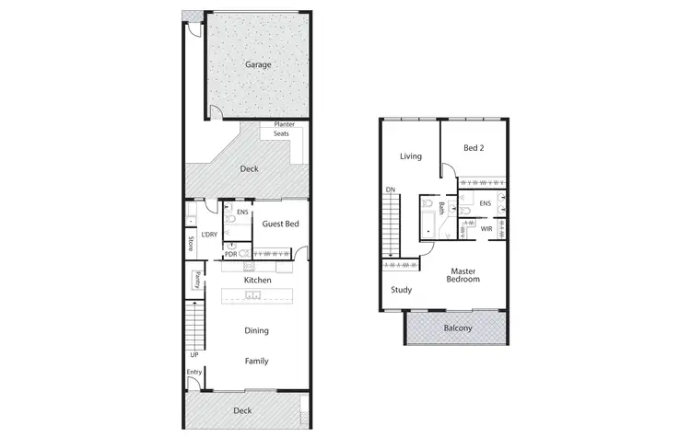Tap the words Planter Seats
(282, 130)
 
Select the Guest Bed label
(279, 224)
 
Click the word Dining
(257, 331)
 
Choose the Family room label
(256, 362)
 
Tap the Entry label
(193, 372)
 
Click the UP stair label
(193, 354)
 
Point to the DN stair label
(391, 190)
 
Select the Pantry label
(196, 281)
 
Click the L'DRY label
(208, 235)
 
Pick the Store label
(191, 244)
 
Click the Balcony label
(458, 328)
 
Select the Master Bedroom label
(463, 275)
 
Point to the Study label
(401, 290)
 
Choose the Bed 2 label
(474, 148)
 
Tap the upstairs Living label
(410, 156)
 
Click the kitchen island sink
(254, 296)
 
